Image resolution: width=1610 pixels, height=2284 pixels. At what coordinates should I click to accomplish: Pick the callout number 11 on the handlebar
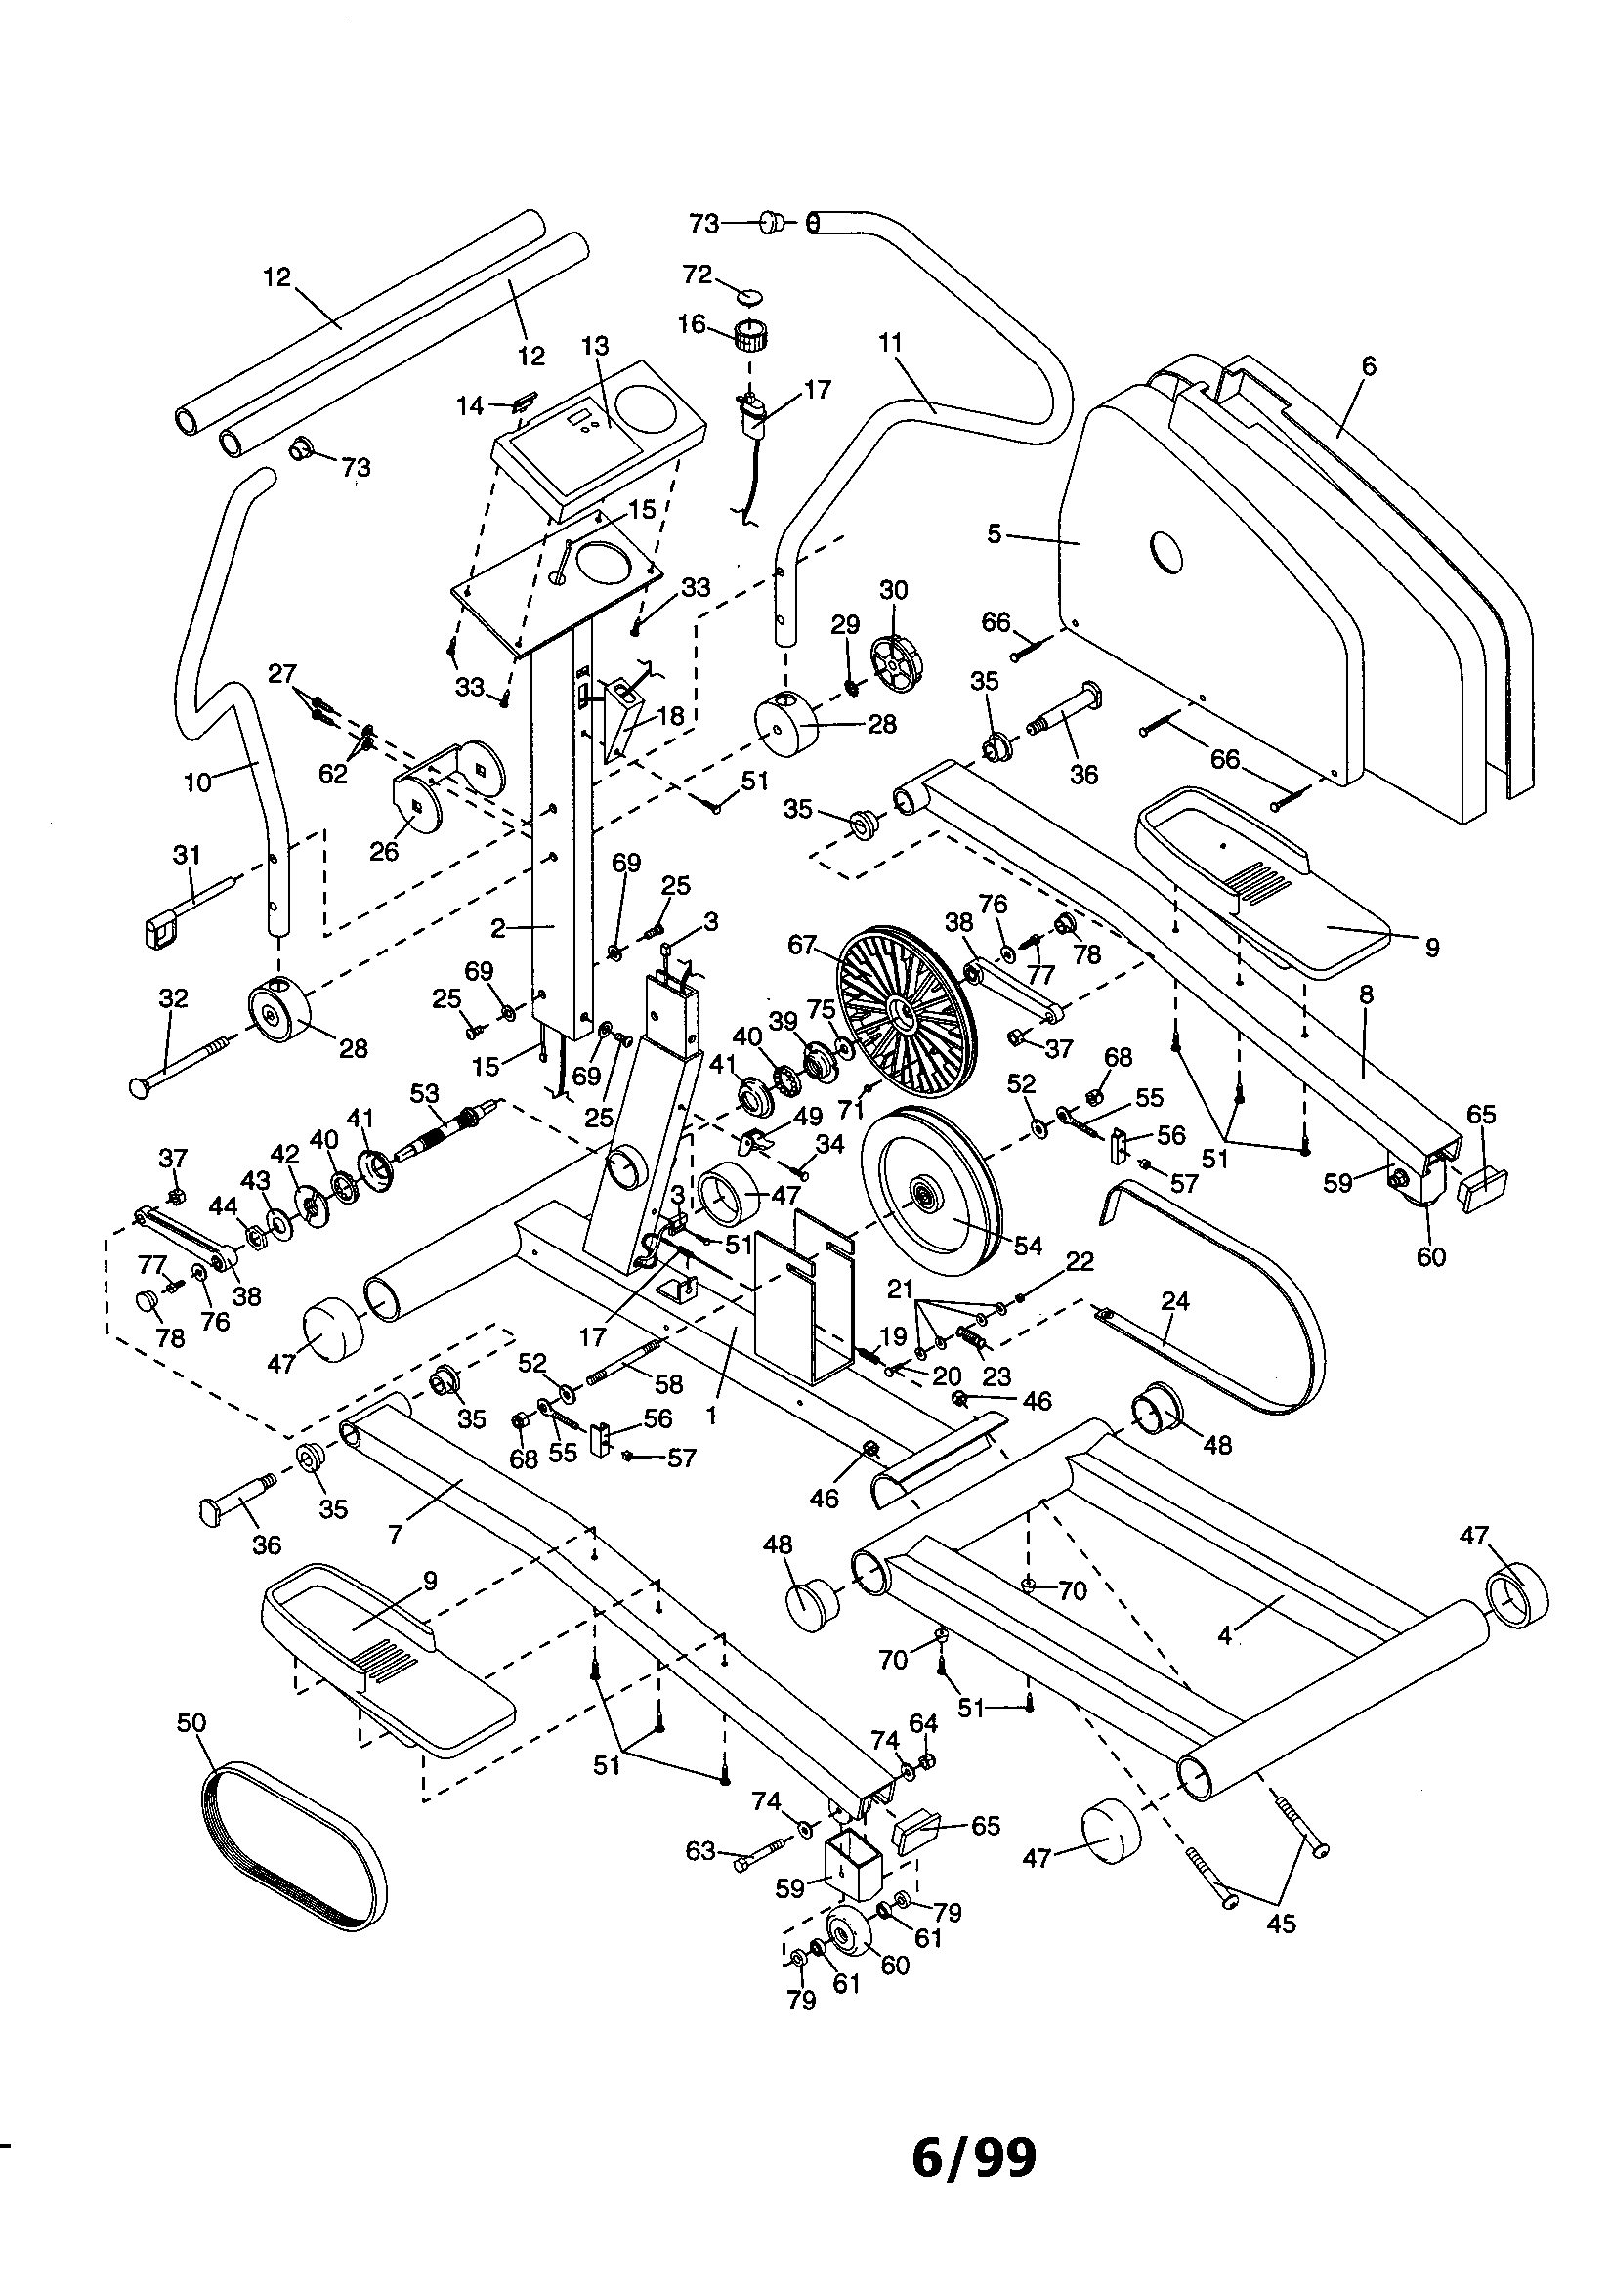pos(891,343)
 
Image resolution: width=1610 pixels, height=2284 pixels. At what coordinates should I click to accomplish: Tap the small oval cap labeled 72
pos(749,294)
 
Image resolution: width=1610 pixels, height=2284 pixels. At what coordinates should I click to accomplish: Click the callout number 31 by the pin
pos(187,855)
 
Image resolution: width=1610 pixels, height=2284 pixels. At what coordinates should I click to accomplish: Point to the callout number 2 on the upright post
pos(497,928)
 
